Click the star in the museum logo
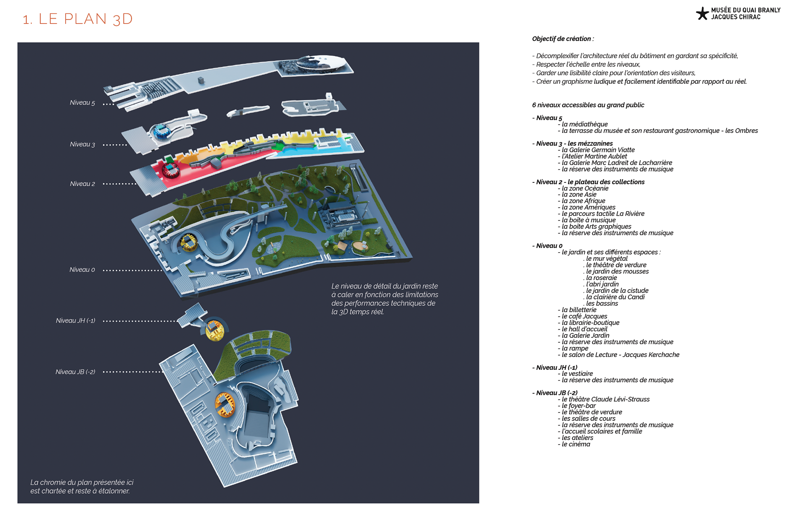[x=702, y=14]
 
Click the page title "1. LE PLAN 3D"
[x=78, y=19]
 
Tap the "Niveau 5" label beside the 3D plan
[x=82, y=103]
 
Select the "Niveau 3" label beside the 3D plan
[x=82, y=144]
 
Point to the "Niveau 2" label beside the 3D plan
[x=82, y=184]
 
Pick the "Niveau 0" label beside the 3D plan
[x=82, y=270]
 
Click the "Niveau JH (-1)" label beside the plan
[x=76, y=321]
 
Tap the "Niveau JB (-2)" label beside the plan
[x=75, y=372]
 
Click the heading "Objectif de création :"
[x=563, y=39]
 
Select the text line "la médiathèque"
[x=584, y=124]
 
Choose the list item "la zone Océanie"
[x=585, y=188]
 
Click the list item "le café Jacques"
[x=584, y=316]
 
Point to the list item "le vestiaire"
[x=577, y=374]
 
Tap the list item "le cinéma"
[x=576, y=444]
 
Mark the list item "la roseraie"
[x=601, y=278]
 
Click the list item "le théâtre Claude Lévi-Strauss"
[x=605, y=399]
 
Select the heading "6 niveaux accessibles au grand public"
[x=588, y=105]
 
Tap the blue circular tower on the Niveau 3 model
[x=161, y=132]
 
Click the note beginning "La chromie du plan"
[x=82, y=487]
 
